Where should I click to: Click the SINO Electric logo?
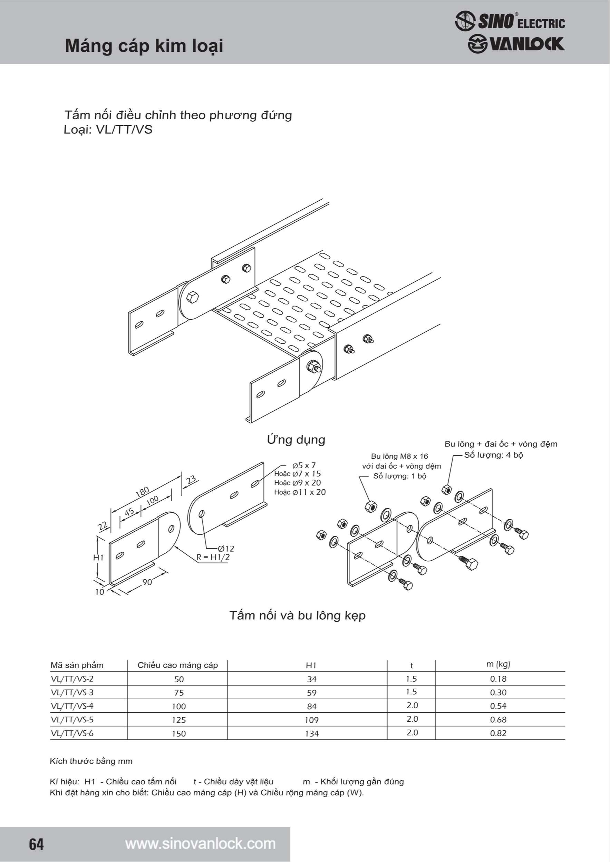coord(510,21)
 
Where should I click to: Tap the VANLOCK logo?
coord(516,44)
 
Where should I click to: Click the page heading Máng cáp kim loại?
coord(144,46)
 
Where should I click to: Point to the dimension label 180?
coord(143,492)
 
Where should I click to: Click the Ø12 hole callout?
coord(226,549)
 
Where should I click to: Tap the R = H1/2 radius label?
coord(213,557)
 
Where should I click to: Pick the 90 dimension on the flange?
coord(147,582)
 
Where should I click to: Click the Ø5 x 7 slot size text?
coord(304,465)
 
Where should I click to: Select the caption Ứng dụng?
coord(296,439)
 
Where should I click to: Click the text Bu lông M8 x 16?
coord(399,456)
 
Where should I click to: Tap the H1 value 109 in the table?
coord(312,720)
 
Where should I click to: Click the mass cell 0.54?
coord(498,706)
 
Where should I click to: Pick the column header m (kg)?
coord(498,664)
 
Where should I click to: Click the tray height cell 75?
coord(179,693)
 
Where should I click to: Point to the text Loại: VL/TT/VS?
coord(108,130)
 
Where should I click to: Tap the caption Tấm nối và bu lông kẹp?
coord(297,616)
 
